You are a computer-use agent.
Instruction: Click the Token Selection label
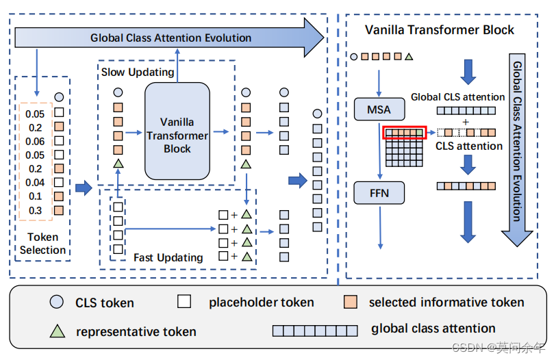click(42, 244)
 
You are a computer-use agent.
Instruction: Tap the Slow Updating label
click(138, 72)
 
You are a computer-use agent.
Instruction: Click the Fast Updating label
click(168, 257)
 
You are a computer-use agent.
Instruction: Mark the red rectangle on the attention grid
click(404, 132)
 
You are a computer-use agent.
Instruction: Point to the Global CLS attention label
click(457, 97)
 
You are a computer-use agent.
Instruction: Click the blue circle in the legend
click(57, 303)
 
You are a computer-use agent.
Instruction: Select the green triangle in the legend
click(57, 331)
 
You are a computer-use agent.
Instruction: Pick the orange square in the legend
click(350, 303)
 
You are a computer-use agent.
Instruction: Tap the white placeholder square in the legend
click(184, 303)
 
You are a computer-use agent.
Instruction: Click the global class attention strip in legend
click(315, 331)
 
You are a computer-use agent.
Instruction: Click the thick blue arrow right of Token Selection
click(84, 188)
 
